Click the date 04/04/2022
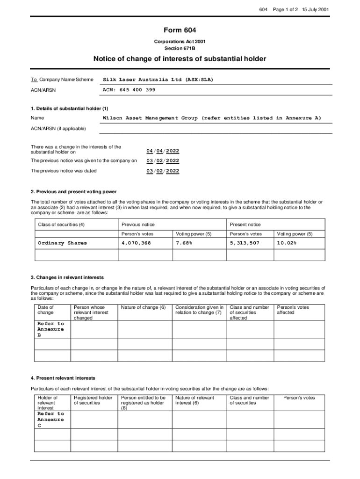point(162,151)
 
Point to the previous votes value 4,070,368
point(136,243)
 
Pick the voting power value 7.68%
point(184,243)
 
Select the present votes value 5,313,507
point(245,243)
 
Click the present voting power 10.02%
point(286,243)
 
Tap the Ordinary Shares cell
point(62,243)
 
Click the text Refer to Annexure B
point(50,329)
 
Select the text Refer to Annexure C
point(50,420)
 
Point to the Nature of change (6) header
point(143,307)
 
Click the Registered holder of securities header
point(93,400)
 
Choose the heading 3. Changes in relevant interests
point(67,277)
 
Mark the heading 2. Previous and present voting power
point(73,192)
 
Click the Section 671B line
point(180,48)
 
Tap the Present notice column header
point(245,225)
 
